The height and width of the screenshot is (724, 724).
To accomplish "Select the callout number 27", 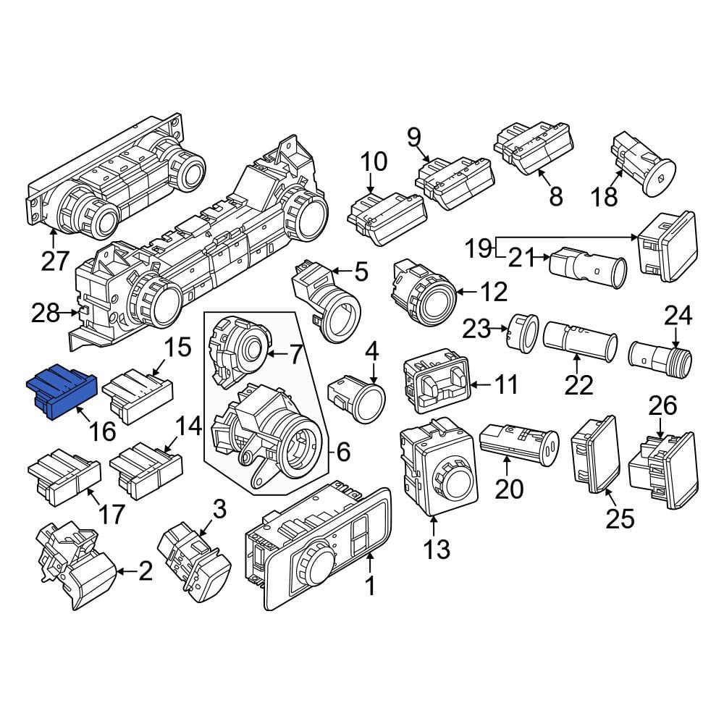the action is point(55,261).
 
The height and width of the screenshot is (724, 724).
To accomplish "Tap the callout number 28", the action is point(45,313).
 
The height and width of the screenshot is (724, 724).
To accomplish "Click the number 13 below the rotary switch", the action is point(437,549).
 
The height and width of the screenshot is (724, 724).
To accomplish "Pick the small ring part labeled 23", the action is point(523,331).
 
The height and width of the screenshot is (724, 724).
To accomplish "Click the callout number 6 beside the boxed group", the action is point(343,452).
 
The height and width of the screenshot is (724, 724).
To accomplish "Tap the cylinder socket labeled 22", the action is point(580,342).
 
